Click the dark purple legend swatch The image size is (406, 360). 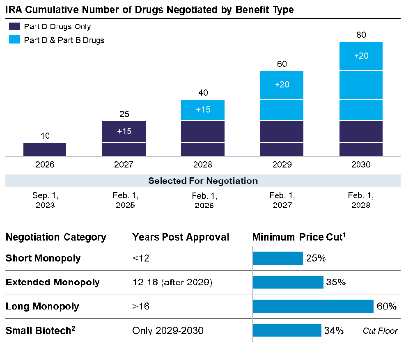14,26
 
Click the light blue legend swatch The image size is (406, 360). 14,39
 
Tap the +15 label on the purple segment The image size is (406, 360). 124,131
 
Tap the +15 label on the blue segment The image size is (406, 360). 203,110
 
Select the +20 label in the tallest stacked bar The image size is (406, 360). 361,56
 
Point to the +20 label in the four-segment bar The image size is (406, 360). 282,85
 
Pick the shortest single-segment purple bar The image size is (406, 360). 45,149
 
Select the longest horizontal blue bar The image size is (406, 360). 313,306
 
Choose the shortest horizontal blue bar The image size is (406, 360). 278,258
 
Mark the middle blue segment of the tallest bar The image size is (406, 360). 361,85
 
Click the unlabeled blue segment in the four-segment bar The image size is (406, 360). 282,110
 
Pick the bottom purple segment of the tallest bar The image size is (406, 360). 361,149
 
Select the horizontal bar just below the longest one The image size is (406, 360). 287,330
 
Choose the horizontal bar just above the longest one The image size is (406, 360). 288,282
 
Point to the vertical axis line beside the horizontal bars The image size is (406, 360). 252,294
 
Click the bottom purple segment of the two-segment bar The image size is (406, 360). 124,149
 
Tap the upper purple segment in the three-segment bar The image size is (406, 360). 203,131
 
